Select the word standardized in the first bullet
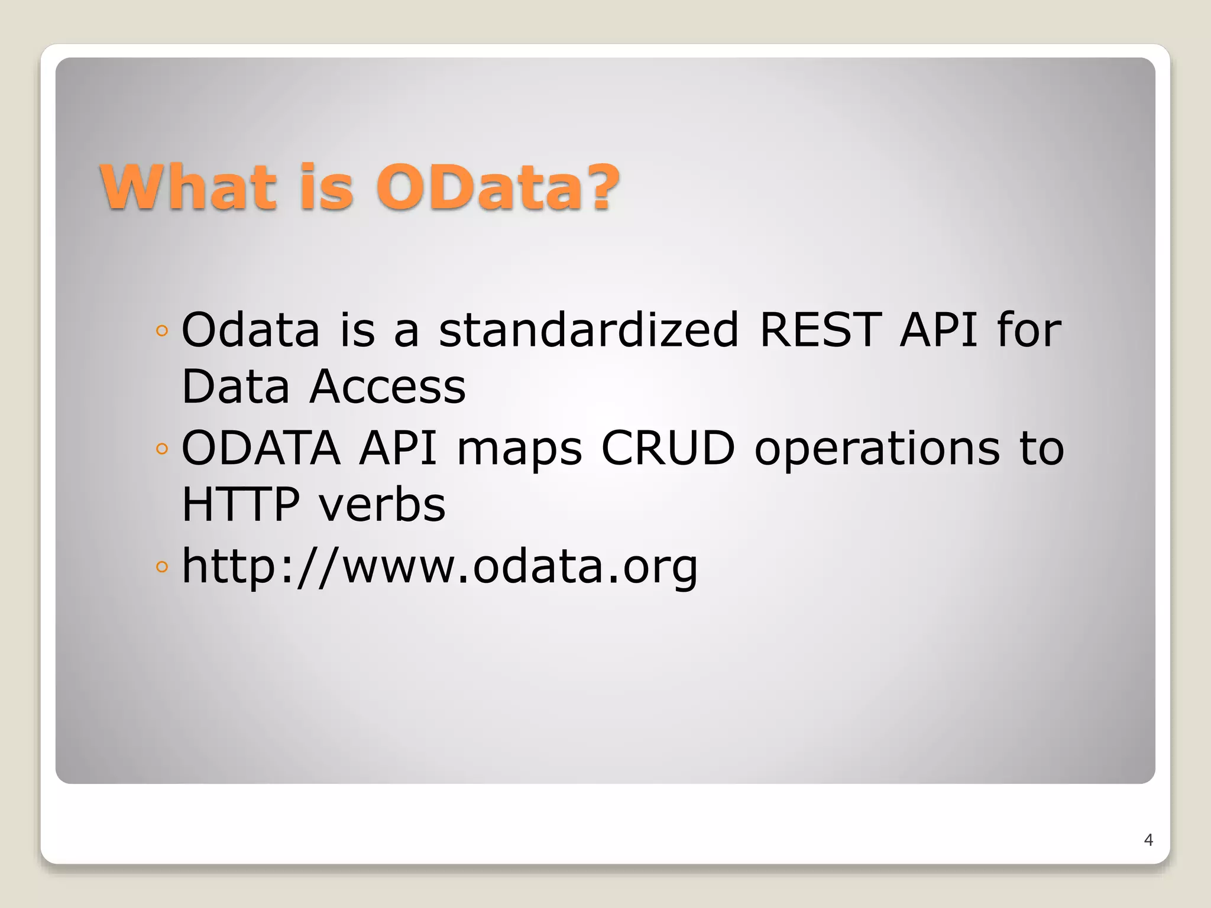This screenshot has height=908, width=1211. [x=588, y=329]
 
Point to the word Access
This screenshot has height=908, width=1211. [x=387, y=387]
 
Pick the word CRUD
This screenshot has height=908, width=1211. [x=668, y=447]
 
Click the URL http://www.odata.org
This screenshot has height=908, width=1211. [x=439, y=566]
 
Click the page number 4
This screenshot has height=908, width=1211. [x=1148, y=839]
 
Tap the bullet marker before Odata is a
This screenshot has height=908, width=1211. [x=162, y=331]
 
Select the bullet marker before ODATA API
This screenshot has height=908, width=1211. [x=162, y=449]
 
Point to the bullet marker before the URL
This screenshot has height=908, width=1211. [x=162, y=567]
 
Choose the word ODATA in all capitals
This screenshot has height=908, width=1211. [x=261, y=447]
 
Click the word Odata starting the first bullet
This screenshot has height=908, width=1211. [x=250, y=329]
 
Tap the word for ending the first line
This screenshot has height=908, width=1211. [x=1029, y=329]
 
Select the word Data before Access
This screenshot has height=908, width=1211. [x=235, y=387]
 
